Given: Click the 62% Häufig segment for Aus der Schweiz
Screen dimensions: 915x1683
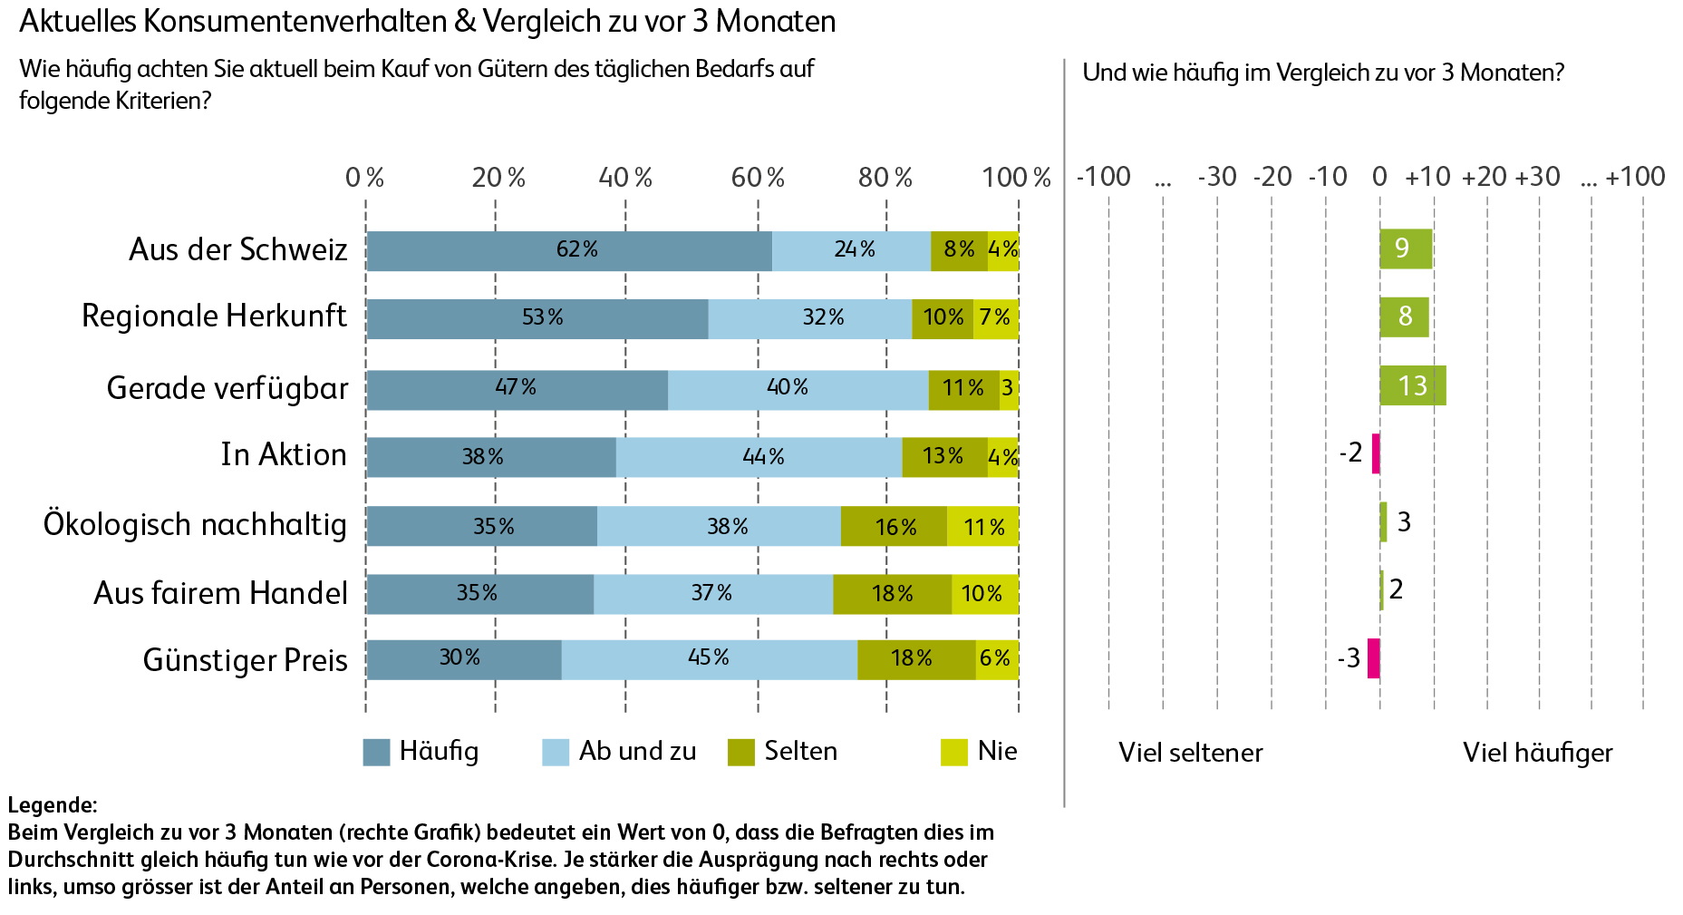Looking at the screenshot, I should [x=569, y=250].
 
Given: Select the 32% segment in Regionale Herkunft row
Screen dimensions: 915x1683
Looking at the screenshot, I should [x=809, y=318].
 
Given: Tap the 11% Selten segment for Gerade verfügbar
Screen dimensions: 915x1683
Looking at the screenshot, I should [x=963, y=389].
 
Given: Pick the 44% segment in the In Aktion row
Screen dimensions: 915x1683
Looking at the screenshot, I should [x=759, y=456].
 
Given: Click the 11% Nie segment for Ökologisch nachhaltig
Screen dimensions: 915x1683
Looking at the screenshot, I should [x=982, y=526].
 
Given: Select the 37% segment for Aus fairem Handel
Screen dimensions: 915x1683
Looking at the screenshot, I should [x=712, y=594].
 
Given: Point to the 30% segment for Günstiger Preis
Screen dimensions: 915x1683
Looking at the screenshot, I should [x=463, y=659].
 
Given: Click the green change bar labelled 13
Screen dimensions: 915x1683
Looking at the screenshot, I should [x=1412, y=386].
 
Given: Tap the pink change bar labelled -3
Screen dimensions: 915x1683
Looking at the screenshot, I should [x=1374, y=658].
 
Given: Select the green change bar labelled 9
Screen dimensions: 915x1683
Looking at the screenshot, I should [x=1406, y=248].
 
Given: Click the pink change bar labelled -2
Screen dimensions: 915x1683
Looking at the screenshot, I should [x=1376, y=453].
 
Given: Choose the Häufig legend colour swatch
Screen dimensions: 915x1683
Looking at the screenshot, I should [x=376, y=752].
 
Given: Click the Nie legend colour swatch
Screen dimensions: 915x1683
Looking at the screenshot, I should [x=954, y=752].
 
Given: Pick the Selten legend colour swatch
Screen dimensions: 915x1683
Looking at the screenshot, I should [x=741, y=752].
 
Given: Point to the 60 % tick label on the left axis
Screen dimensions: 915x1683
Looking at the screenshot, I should [x=758, y=178].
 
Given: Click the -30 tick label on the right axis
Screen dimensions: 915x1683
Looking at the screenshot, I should [x=1216, y=177].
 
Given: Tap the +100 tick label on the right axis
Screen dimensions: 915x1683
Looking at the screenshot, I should [x=1635, y=177].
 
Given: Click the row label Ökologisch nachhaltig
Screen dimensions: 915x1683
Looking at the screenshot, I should [x=195, y=525].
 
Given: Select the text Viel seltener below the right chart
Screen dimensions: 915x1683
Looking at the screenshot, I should [x=1190, y=753].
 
